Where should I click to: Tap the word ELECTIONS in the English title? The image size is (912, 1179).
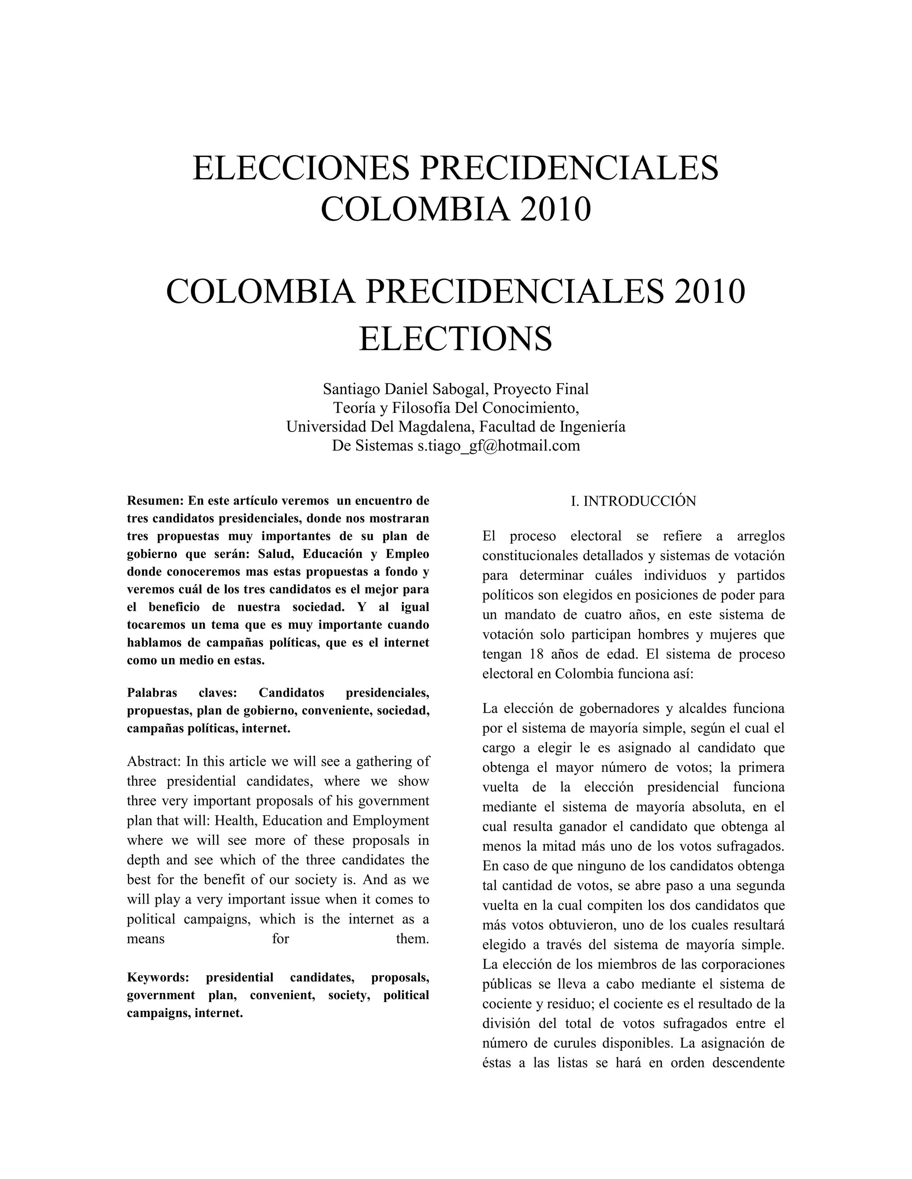[456, 339]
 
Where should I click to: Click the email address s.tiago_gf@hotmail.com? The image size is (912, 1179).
[498, 445]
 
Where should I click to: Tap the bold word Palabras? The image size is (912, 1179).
[152, 693]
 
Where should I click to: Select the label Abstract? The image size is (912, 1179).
[154, 762]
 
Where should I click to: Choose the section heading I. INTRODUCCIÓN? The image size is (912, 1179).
[633, 501]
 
